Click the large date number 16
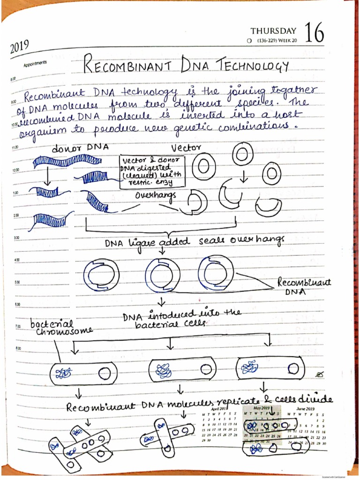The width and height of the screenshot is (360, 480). (x=314, y=34)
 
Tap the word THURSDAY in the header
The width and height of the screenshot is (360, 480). (x=273, y=31)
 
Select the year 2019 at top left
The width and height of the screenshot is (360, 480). (x=19, y=46)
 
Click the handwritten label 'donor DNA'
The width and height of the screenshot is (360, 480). (x=80, y=148)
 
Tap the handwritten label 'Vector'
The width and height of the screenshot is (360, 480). (x=186, y=148)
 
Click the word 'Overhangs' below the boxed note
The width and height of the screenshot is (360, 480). (x=156, y=195)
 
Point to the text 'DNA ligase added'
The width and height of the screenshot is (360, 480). (x=147, y=242)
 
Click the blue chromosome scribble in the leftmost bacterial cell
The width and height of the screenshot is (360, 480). (x=63, y=373)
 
